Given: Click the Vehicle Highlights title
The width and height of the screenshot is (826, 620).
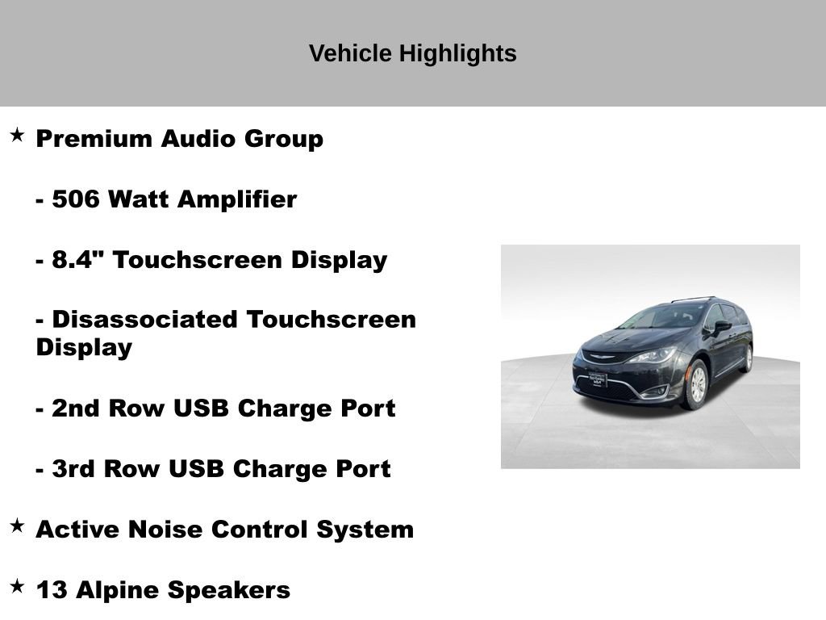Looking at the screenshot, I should [x=412, y=53].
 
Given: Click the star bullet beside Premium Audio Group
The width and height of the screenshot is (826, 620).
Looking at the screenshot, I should [x=17, y=135].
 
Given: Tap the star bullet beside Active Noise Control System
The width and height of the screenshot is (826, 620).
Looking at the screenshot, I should [x=17, y=526].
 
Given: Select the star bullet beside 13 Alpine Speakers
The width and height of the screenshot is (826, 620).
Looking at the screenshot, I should [x=17, y=586].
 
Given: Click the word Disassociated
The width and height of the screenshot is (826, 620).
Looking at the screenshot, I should [x=145, y=320].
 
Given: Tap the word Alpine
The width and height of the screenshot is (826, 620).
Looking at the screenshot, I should [x=118, y=590].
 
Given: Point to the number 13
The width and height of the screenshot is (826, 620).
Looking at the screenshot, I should [x=52, y=590].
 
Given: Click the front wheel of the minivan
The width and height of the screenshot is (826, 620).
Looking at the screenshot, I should [x=696, y=385].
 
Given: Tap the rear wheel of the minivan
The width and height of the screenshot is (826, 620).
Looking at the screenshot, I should [x=747, y=358].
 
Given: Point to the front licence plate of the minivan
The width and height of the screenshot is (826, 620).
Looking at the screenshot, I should [x=597, y=380].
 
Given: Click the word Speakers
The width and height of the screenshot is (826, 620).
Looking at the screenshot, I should [x=228, y=590].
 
